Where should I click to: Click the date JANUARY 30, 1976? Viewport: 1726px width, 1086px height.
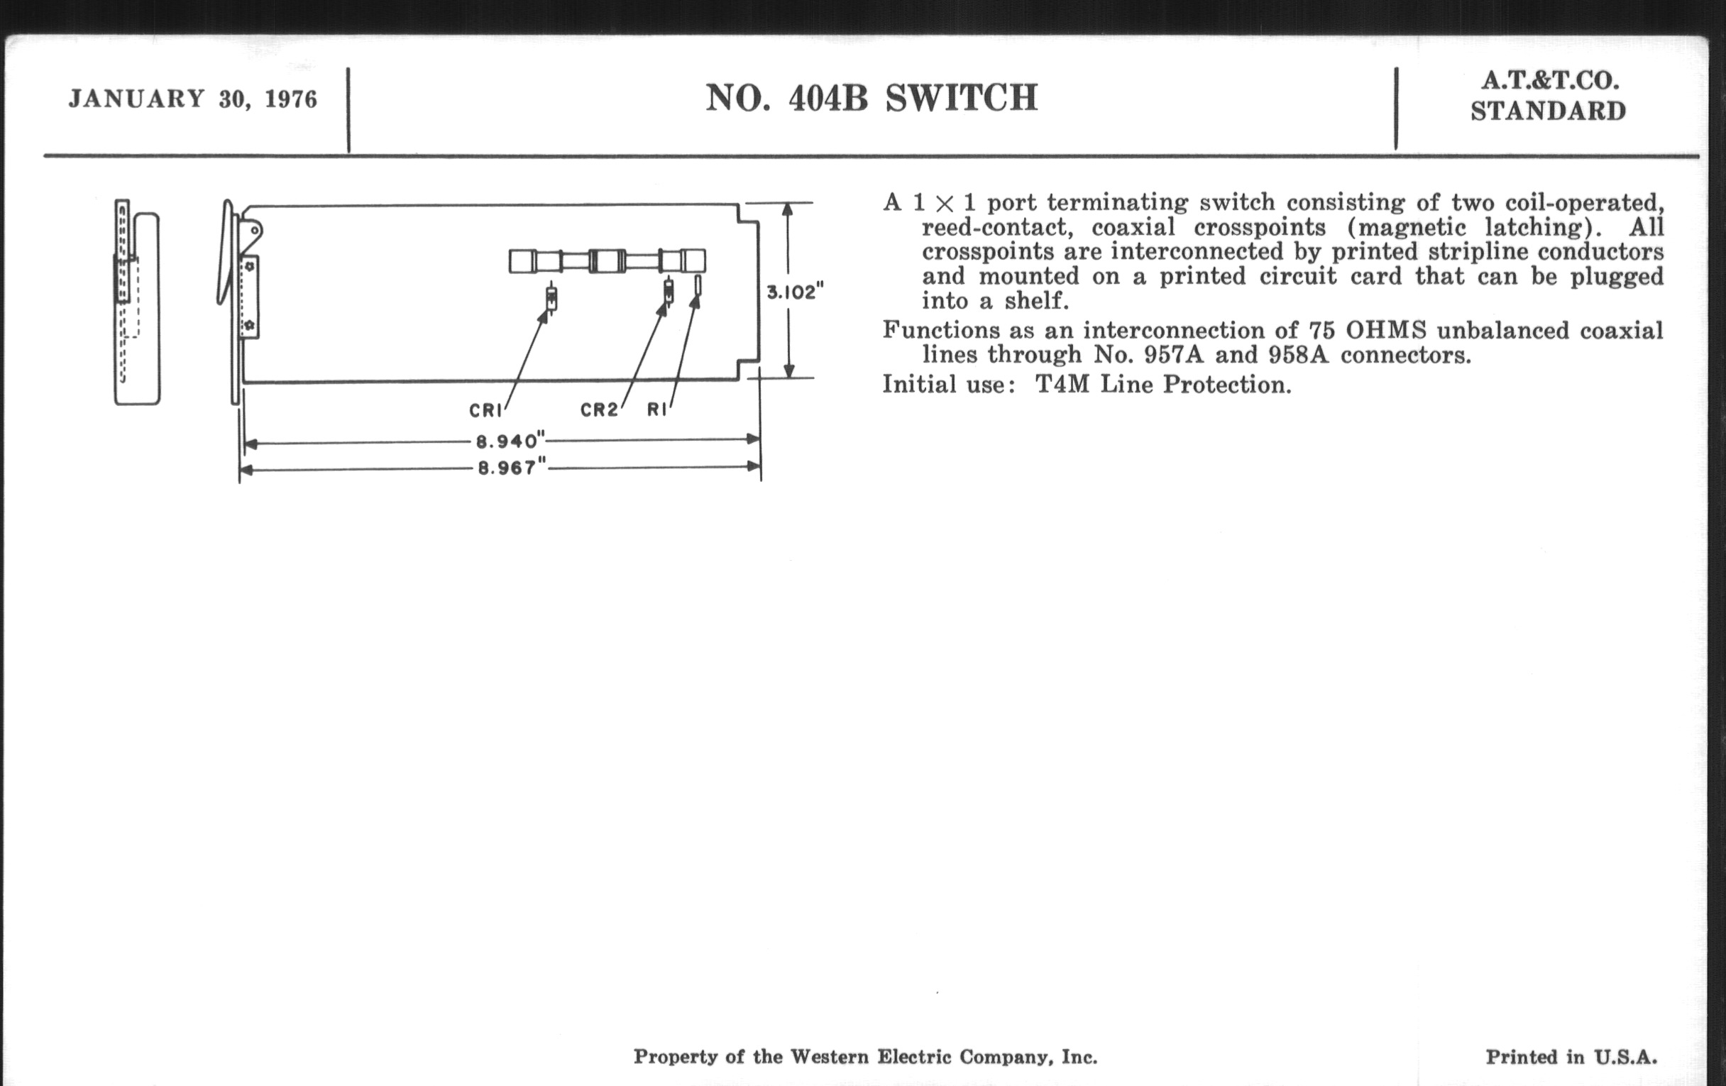pyautogui.click(x=193, y=99)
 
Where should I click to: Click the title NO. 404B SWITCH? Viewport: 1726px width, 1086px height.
pyautogui.click(x=872, y=98)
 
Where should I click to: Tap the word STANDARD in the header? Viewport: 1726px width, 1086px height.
pyautogui.click(x=1549, y=112)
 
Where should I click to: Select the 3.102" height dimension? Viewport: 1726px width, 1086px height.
pyautogui.click(x=796, y=292)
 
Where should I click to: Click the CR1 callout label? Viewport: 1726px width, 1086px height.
pyautogui.click(x=486, y=411)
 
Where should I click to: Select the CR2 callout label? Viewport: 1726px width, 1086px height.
pyautogui.click(x=599, y=410)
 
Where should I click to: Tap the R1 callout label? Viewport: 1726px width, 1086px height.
pyautogui.click(x=656, y=410)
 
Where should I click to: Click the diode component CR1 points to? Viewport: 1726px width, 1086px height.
pyautogui.click(x=551, y=297)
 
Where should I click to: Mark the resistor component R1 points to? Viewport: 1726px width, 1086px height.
pyautogui.click(x=698, y=286)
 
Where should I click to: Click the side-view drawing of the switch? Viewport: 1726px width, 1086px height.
pyautogui.click(x=137, y=302)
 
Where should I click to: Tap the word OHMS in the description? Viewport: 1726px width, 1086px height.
pyautogui.click(x=1386, y=331)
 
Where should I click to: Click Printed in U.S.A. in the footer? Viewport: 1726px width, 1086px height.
pyautogui.click(x=1571, y=1057)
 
